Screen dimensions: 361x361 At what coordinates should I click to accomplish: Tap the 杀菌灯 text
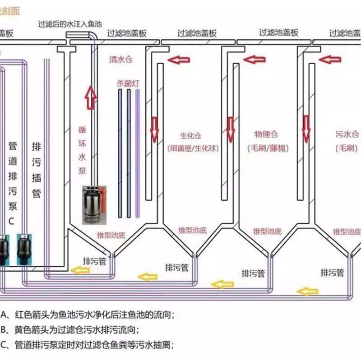click(125, 83)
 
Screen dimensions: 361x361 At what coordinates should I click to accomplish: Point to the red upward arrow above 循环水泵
click(91, 98)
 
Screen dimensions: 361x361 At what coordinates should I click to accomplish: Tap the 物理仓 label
click(266, 134)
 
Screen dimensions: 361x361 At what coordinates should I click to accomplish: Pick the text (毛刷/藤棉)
click(268, 148)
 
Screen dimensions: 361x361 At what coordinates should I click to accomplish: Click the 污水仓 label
click(347, 134)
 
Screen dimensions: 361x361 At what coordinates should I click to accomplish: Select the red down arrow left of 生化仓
click(154, 129)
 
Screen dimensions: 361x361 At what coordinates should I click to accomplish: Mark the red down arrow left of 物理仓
click(231, 129)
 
